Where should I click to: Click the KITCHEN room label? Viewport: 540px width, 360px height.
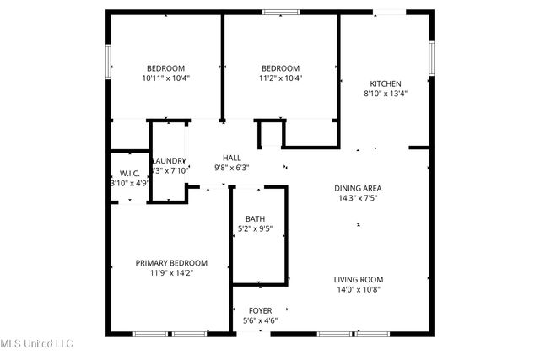[386, 83]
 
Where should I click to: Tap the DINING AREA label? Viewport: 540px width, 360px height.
[359, 189]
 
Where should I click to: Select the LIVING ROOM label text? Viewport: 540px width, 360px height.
[359, 280]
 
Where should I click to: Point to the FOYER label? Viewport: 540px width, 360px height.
[259, 310]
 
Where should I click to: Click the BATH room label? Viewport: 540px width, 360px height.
[254, 218]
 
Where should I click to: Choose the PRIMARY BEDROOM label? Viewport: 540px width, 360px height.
[171, 263]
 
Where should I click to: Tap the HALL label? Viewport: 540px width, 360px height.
[231, 158]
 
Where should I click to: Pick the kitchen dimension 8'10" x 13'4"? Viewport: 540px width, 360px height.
[386, 94]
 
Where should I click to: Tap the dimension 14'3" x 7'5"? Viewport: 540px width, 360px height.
[359, 200]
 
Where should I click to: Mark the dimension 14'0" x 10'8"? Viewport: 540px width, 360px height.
[359, 290]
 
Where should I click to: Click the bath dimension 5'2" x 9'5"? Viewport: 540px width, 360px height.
[254, 228]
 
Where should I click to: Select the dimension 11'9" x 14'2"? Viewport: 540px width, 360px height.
[171, 273]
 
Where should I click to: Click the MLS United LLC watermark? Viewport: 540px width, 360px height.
[37, 343]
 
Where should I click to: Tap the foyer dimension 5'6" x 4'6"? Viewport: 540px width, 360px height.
[259, 320]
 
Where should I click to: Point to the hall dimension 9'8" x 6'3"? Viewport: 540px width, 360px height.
[231, 168]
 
